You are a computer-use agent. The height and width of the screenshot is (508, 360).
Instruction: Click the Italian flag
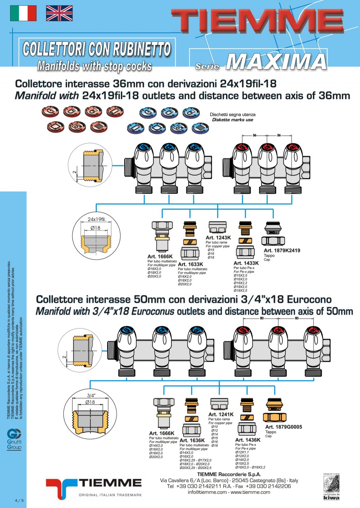tap(23, 13)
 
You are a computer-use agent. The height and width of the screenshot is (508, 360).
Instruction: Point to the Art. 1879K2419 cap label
tap(282, 250)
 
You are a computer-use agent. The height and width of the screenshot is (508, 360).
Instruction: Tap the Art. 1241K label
tap(221, 414)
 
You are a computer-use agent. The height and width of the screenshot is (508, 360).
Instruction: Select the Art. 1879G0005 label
tap(284, 427)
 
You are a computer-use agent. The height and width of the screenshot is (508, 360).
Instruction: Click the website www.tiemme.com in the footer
tap(251, 492)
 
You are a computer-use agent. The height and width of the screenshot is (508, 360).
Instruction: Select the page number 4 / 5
tap(19, 500)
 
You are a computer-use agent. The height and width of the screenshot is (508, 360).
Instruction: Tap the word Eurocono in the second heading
tap(310, 300)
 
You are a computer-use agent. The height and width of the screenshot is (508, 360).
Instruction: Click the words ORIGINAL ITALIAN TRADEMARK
tap(110, 495)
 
